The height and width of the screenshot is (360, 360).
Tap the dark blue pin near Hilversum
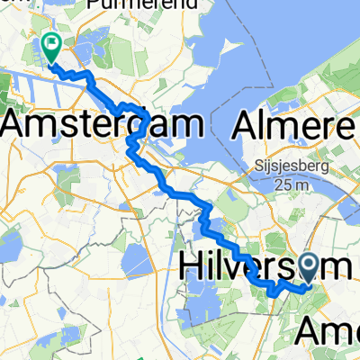click(307, 267)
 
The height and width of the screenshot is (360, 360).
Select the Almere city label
click(293, 126)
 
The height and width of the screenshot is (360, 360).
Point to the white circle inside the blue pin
click(307, 264)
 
